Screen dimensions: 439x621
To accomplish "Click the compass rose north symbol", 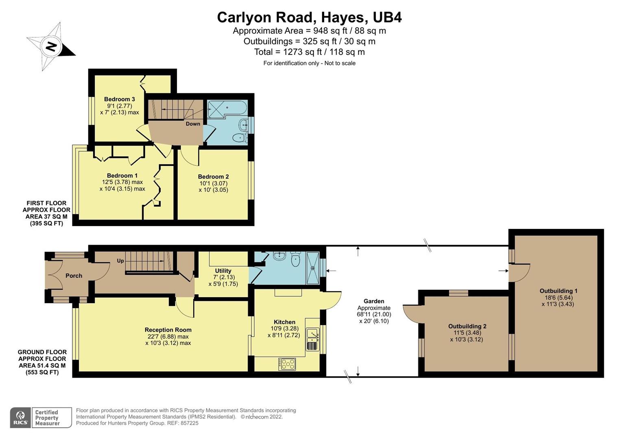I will (x=51, y=46).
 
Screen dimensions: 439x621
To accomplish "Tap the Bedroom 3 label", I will (x=119, y=99).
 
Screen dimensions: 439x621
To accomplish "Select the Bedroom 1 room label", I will (x=122, y=176).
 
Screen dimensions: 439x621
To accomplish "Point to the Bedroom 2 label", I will (x=213, y=176).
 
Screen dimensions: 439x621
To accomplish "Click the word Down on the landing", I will (x=193, y=124).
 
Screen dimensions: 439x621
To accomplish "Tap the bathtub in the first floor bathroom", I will (x=227, y=109).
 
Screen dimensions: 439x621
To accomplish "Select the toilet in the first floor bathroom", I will (x=240, y=138).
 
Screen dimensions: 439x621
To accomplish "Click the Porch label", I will (x=74, y=276).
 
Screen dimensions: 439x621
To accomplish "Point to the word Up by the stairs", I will (x=120, y=261).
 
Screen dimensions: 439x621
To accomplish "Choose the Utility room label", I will (x=223, y=271).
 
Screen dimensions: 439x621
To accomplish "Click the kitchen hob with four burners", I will (x=287, y=364).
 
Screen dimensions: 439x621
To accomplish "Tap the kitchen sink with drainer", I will (x=312, y=339).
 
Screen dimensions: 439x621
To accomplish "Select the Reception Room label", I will (x=168, y=330).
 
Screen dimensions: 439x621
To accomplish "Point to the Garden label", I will (x=373, y=301).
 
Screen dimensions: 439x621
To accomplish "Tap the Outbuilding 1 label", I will (x=558, y=291).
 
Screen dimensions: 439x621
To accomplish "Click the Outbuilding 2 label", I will (x=467, y=326).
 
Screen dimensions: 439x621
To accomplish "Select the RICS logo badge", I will (x=20, y=417).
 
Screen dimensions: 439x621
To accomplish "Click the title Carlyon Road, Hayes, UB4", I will (x=309, y=17).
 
